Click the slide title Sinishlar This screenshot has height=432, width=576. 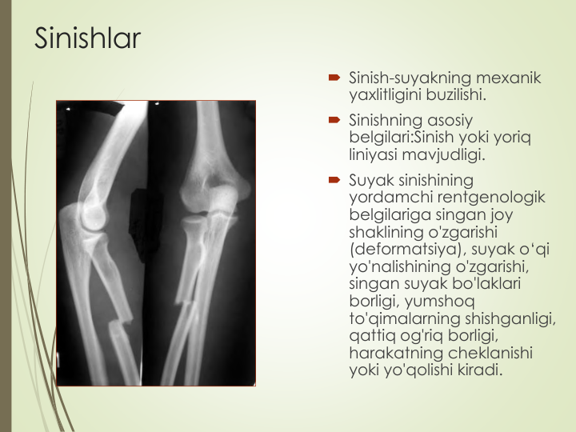click(x=87, y=38)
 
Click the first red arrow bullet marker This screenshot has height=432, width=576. click(x=334, y=78)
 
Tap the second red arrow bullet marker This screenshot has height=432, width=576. click(x=334, y=120)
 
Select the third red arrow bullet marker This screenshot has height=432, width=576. click(x=334, y=180)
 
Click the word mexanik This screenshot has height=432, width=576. click(x=508, y=78)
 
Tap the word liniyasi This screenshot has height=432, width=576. click(x=373, y=154)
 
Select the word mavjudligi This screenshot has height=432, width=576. click(x=444, y=154)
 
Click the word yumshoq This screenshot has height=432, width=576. click(x=439, y=302)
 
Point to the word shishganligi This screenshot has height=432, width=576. click(x=510, y=319)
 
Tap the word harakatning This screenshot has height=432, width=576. click(x=396, y=353)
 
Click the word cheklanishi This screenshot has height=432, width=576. click(x=490, y=353)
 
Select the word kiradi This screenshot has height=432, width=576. click(x=480, y=370)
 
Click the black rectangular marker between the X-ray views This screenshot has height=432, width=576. click(x=146, y=223)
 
